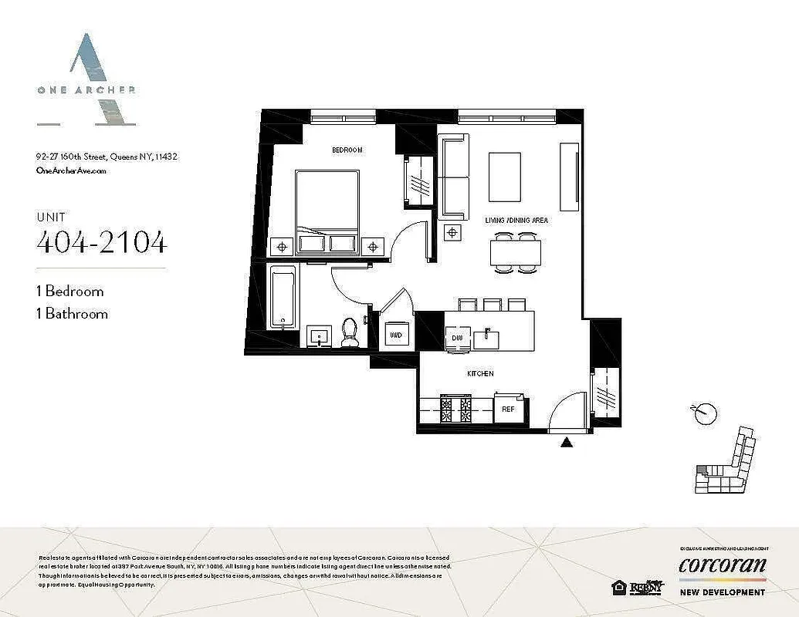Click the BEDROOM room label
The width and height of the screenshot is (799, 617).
[x=347, y=150]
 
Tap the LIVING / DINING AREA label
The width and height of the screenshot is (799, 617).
[x=516, y=221]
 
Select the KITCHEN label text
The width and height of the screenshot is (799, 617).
[x=479, y=373]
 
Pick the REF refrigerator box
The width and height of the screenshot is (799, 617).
[x=509, y=408]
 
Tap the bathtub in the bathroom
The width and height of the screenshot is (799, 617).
[x=283, y=297]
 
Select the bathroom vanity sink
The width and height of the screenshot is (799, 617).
[x=317, y=336]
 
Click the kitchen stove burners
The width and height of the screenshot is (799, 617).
[x=455, y=409]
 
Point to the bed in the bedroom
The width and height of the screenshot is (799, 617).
[x=327, y=210]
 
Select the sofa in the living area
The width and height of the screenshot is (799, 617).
[x=453, y=176]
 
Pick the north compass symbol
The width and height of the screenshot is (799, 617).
[x=702, y=413]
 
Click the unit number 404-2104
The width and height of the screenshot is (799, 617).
[x=101, y=241]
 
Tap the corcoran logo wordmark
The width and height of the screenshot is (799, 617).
[x=722, y=565]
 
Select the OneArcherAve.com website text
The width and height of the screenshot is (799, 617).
[x=71, y=171]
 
